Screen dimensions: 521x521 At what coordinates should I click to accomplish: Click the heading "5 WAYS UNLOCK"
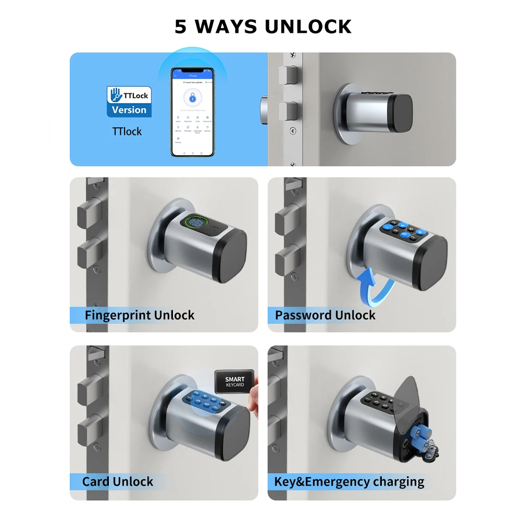point(263,27)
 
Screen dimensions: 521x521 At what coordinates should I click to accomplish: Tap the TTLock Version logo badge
point(129,102)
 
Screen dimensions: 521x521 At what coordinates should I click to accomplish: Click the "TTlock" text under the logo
point(127,131)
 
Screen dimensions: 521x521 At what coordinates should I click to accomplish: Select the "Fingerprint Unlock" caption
point(139,315)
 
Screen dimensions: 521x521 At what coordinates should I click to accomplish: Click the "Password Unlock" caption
point(325,315)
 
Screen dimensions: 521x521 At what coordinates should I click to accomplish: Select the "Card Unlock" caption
point(118,481)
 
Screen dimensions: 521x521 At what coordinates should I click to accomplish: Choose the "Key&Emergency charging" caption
point(349,481)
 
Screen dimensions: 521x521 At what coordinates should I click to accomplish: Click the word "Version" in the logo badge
point(129,110)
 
